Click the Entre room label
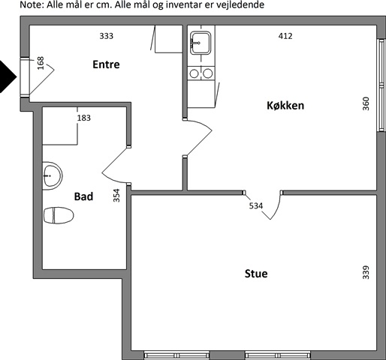click(x=106, y=64)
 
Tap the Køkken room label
click(x=285, y=106)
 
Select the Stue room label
click(x=256, y=274)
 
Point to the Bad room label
click(x=83, y=196)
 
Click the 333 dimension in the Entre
click(x=107, y=36)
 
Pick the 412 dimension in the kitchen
click(x=285, y=36)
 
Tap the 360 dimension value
click(x=366, y=103)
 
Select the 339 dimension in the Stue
click(x=366, y=272)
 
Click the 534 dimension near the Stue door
click(x=256, y=205)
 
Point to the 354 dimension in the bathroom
click(x=116, y=195)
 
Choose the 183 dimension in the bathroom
click(x=84, y=118)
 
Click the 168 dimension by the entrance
click(x=41, y=63)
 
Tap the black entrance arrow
click(x=8, y=76)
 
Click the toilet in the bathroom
click(x=59, y=215)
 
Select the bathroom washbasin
click(x=53, y=175)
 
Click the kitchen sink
click(x=201, y=43)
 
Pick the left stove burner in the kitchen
click(x=194, y=73)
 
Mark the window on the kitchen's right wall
click(x=381, y=85)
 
